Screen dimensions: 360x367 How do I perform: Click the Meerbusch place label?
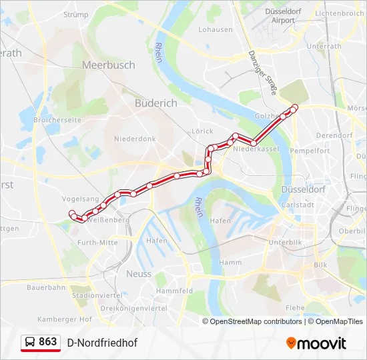[x=108, y=65]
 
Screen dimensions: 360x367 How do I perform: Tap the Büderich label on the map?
[x=156, y=103]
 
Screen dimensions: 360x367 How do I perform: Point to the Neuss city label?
[x=139, y=274]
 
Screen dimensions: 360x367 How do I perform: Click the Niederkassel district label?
[x=256, y=149]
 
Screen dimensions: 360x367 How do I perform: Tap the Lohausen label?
[x=216, y=30]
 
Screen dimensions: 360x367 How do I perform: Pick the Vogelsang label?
[x=80, y=199]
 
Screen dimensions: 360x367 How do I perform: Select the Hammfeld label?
[x=174, y=291]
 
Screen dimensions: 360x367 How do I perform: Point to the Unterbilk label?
[x=286, y=242]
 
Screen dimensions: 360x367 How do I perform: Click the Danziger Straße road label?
[x=262, y=73]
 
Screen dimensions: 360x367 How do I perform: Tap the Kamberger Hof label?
[x=65, y=319]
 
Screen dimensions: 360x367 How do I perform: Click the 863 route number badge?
[x=47, y=342]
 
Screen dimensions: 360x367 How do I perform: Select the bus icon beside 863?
[x=30, y=343]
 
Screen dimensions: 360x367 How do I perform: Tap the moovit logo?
[x=316, y=343]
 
